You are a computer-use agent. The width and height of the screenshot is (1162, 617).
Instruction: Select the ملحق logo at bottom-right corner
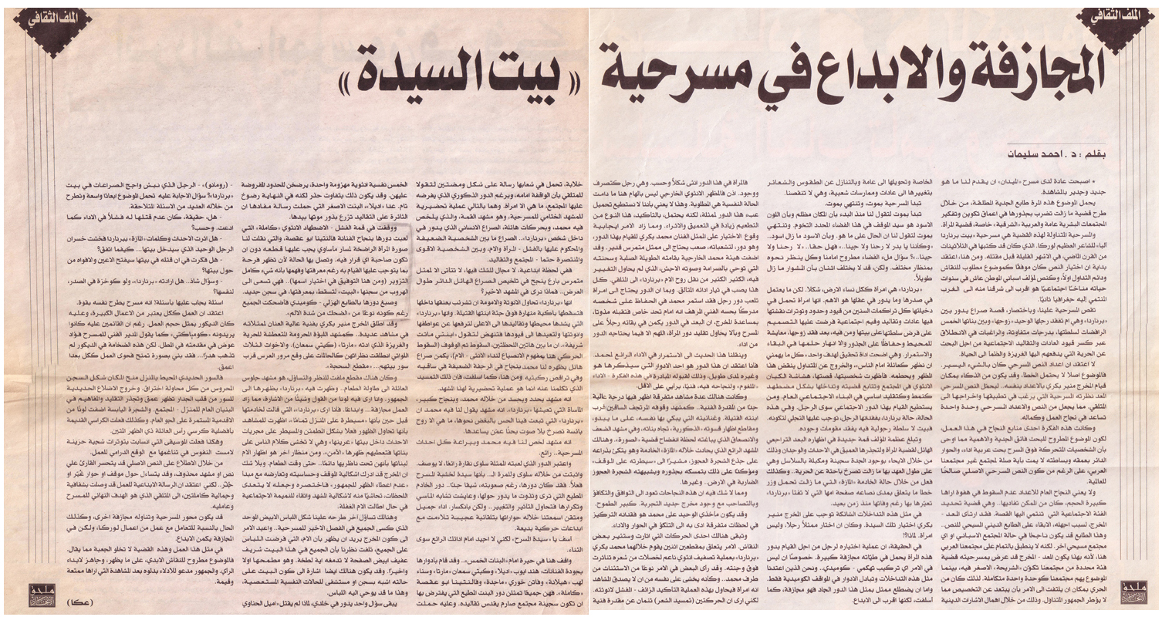click(x=1133, y=589)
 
